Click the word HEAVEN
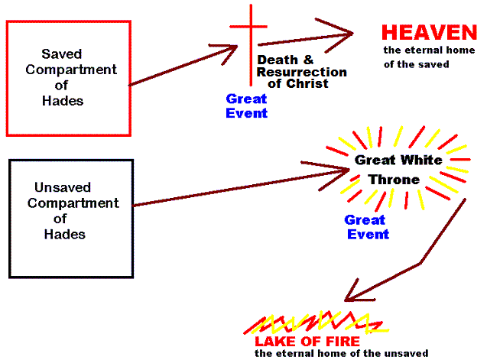pos(429,33)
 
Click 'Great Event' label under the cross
pos(246,105)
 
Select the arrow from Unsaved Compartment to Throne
pos(237,185)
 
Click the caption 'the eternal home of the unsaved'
pos(341,354)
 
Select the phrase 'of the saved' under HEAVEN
pos(416,64)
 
